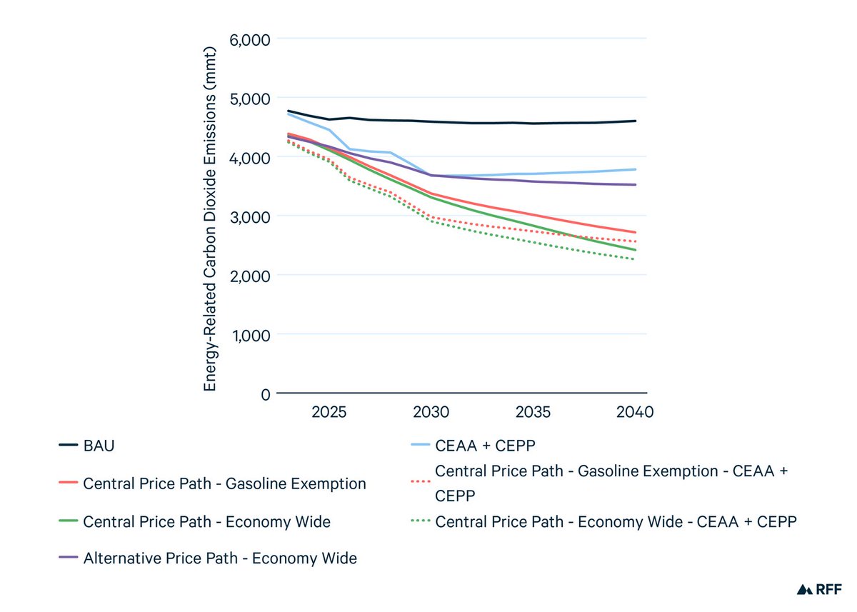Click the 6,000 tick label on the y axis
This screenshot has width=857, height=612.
point(249,39)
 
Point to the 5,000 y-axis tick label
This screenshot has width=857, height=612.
point(249,98)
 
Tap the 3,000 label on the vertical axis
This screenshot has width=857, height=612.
point(249,216)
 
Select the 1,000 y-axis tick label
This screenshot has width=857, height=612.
point(250,335)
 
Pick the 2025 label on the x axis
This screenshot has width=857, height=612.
point(329,413)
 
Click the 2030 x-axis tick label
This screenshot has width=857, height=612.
point(431,413)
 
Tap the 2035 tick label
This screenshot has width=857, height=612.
point(533,413)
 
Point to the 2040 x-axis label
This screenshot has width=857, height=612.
point(635,413)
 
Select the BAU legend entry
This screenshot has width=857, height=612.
point(99,446)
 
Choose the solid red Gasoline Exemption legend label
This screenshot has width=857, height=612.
point(224,484)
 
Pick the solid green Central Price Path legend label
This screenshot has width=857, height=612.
point(206,522)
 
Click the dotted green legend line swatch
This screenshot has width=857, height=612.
point(419,522)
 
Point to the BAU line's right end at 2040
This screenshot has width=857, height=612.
point(636,121)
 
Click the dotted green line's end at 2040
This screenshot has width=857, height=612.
point(635,259)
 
